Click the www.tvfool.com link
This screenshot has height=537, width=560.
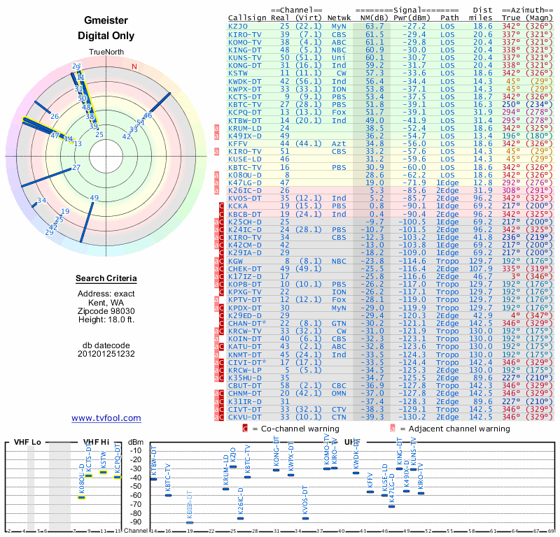tap(106, 418)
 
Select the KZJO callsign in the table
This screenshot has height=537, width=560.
tap(237, 25)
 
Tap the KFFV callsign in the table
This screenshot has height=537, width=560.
tap(238, 143)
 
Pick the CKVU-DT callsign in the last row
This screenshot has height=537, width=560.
tap(244, 417)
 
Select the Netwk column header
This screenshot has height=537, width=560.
tap(339, 17)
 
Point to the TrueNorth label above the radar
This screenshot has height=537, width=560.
tap(106, 53)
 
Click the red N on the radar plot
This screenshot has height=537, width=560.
tap(134, 66)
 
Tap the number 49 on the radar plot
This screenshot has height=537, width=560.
tap(94, 198)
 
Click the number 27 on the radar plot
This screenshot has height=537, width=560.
tap(76, 167)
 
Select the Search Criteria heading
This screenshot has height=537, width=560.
tap(106, 279)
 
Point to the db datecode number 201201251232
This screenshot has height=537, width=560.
tap(106, 353)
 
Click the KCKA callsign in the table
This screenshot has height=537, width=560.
tap(237, 206)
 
